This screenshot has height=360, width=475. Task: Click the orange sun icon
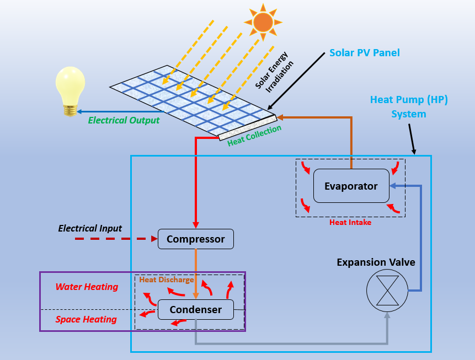263,22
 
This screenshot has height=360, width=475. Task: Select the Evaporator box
351,186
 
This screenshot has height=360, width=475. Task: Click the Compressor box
196,239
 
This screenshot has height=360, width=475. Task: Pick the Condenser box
196,309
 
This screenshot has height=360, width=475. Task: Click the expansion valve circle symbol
387,291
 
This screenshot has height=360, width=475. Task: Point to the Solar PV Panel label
364,53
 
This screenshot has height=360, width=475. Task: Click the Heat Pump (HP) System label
409,107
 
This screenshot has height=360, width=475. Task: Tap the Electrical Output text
124,120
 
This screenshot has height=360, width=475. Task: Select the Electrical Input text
90,228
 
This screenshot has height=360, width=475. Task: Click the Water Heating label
87,287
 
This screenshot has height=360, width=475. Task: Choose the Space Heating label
86,319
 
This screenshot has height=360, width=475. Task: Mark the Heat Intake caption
350,223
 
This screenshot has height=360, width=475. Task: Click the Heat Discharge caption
166,280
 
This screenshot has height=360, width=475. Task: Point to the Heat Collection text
254,136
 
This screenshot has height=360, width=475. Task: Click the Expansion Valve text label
376,262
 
